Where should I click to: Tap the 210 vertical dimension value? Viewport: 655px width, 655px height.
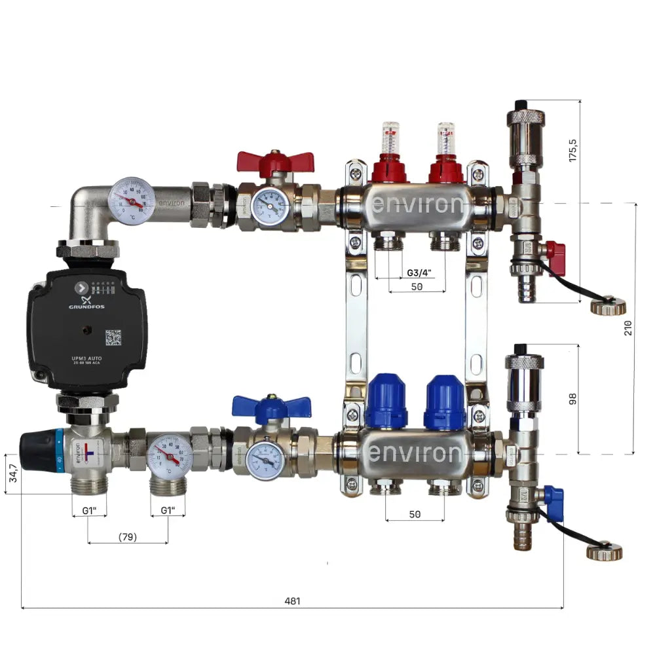628,328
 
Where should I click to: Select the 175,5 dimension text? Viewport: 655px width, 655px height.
574,150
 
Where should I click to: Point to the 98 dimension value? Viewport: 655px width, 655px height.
573,398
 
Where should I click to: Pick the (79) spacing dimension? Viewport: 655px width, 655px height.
128,537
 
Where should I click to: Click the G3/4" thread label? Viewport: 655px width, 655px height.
419,272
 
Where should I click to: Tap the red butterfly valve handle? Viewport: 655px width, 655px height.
276,161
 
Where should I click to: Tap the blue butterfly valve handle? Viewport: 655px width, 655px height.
270,407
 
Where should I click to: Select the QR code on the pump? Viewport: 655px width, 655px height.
113,337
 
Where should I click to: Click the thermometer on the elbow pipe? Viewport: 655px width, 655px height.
132,199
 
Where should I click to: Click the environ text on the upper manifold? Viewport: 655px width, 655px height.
417,205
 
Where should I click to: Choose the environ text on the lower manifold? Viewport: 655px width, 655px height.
417,453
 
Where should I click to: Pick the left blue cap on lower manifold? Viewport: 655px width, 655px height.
386,400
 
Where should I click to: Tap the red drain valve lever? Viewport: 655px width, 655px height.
555,250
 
